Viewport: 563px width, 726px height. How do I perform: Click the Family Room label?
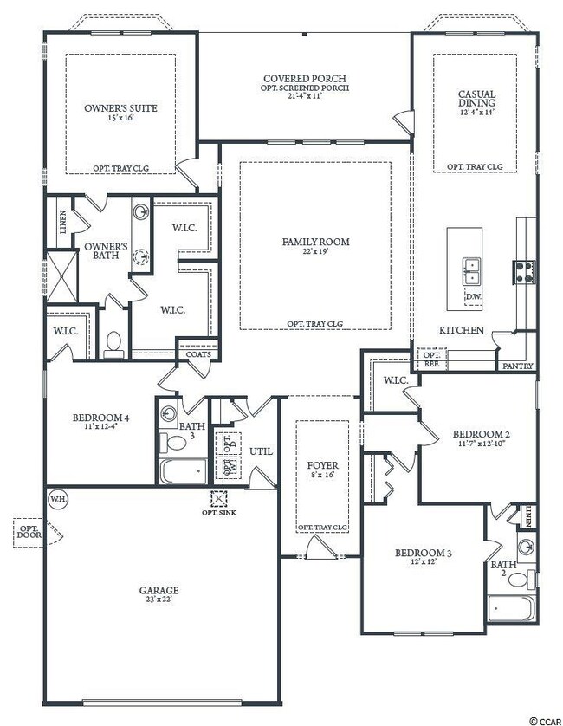(x=315, y=242)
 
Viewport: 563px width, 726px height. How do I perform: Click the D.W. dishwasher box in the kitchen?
(x=472, y=297)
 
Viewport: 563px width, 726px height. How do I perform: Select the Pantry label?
(x=518, y=366)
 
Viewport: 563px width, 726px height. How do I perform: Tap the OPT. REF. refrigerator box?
(x=430, y=359)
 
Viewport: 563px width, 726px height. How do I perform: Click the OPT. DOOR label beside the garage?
(x=28, y=531)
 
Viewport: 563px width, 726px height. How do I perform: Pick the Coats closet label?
(x=198, y=353)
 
